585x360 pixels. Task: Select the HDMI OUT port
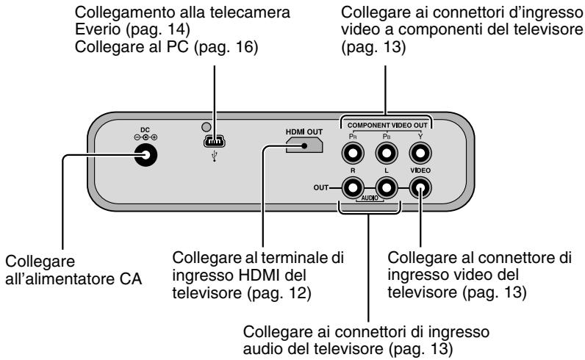click(x=303, y=145)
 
